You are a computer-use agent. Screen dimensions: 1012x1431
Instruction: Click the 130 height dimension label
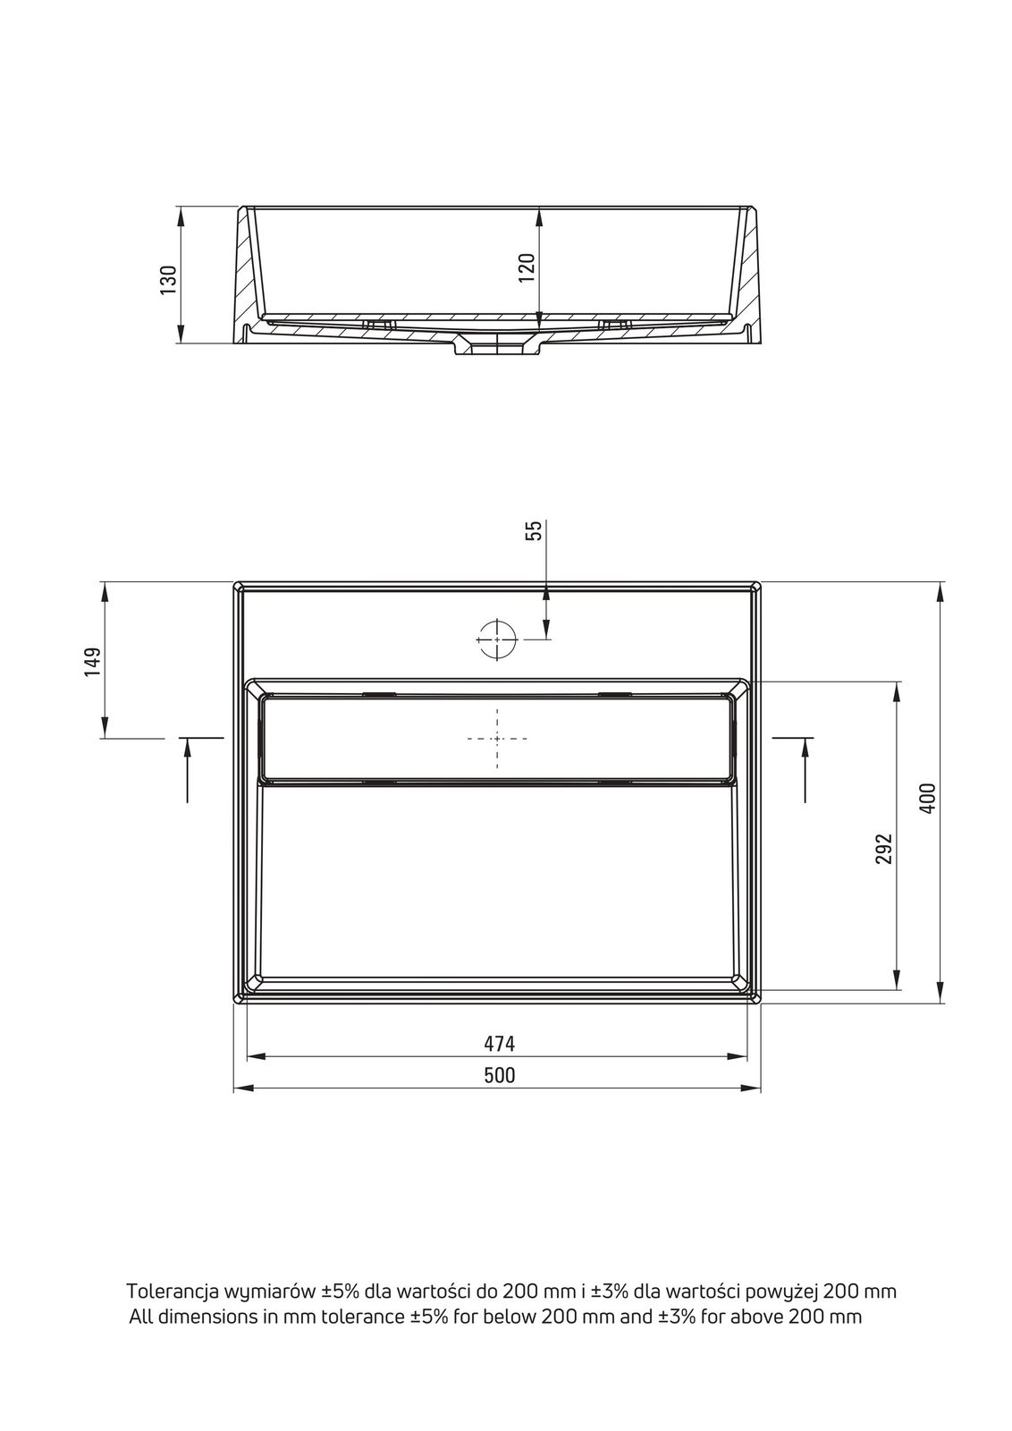click(x=168, y=279)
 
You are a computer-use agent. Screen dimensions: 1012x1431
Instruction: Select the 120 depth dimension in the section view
click(x=526, y=267)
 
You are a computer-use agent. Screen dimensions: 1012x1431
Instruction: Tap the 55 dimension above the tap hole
click(x=534, y=530)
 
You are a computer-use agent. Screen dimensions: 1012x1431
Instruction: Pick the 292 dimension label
click(x=883, y=849)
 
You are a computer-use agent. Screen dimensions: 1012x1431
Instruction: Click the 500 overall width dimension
click(x=500, y=1075)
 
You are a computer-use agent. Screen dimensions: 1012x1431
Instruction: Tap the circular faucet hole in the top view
click(x=497, y=639)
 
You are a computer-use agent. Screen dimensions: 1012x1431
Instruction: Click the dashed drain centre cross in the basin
click(x=497, y=739)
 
